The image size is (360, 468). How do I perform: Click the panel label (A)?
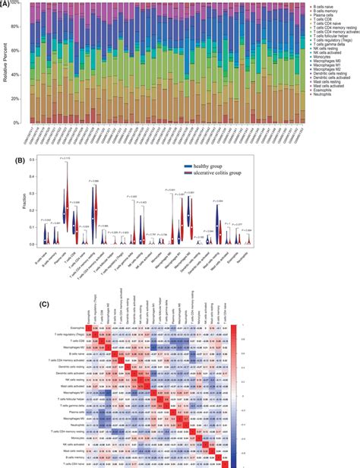[7, 4]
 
